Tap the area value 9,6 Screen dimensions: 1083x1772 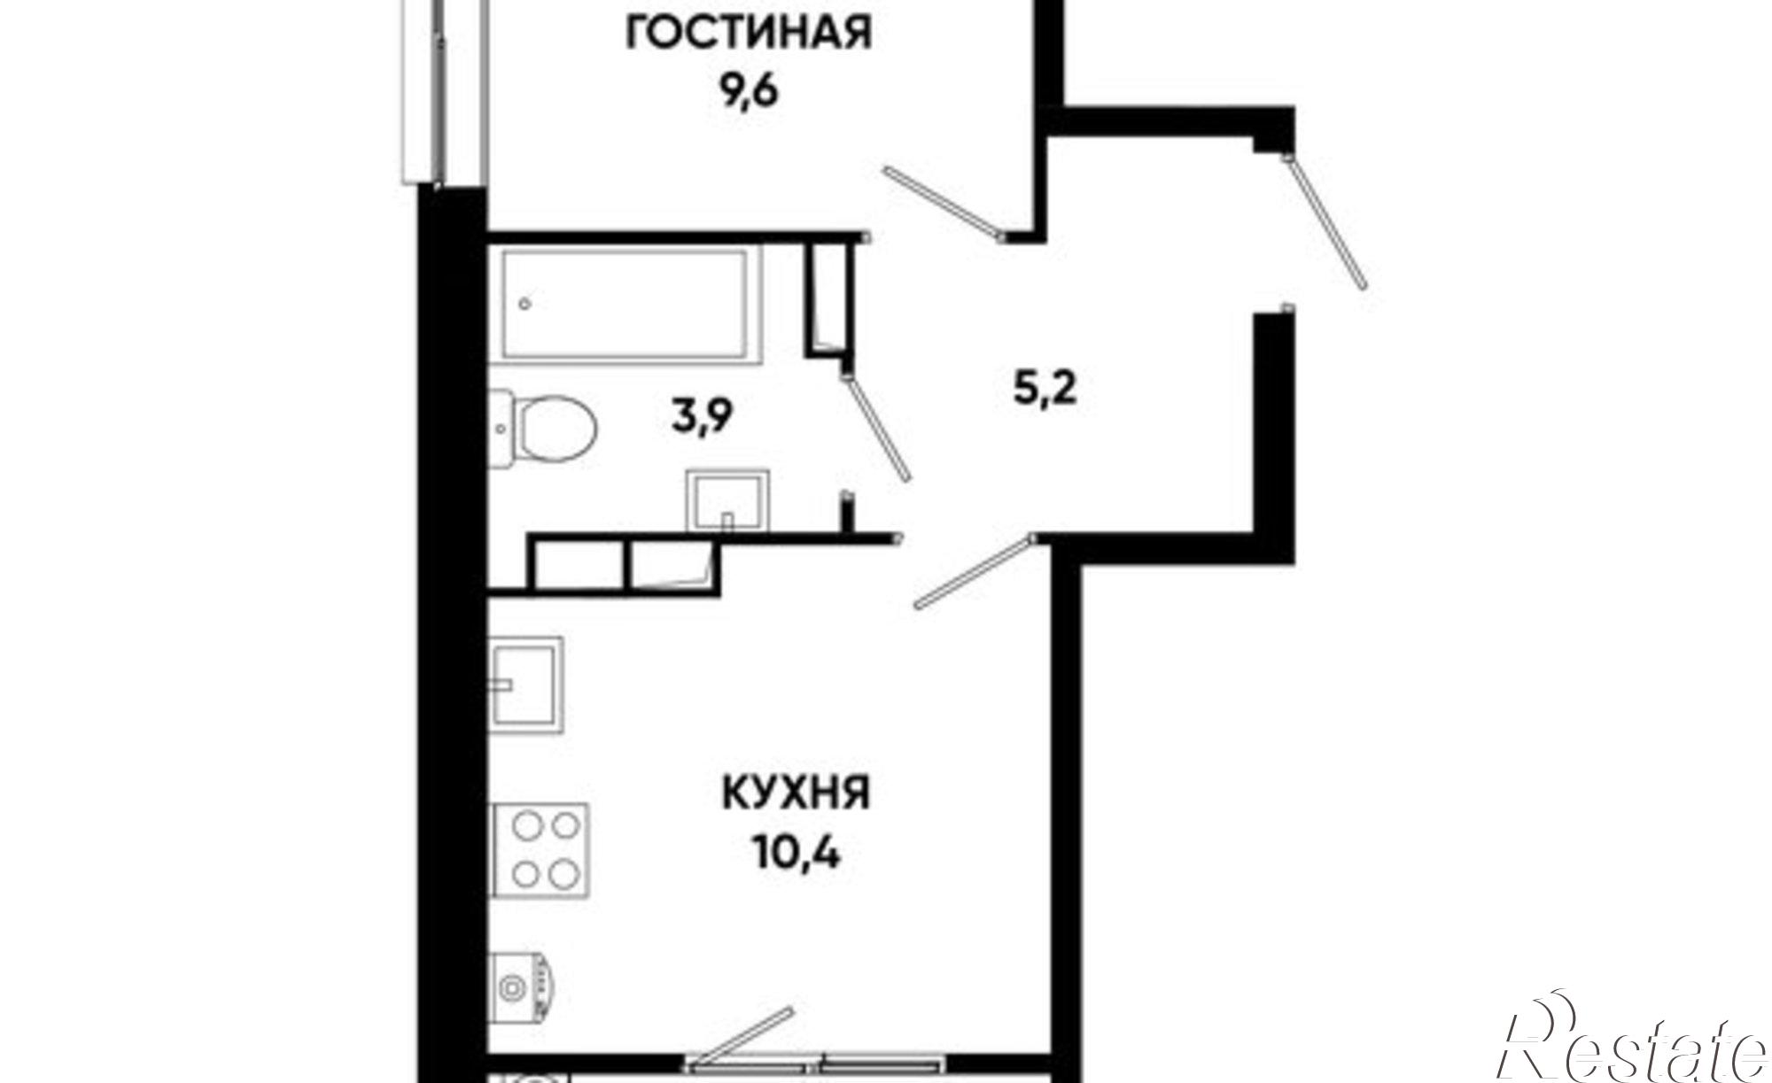(749, 91)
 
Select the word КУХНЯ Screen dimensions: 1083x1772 (797, 794)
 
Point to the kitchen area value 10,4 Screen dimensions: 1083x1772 (797, 855)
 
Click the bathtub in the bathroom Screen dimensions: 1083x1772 (630, 305)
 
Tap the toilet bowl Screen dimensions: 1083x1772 (554, 431)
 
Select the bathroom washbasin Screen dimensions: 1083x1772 (727, 500)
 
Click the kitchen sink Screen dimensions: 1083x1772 (526, 684)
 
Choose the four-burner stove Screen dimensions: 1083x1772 (540, 850)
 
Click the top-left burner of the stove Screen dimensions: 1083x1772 (526, 826)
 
